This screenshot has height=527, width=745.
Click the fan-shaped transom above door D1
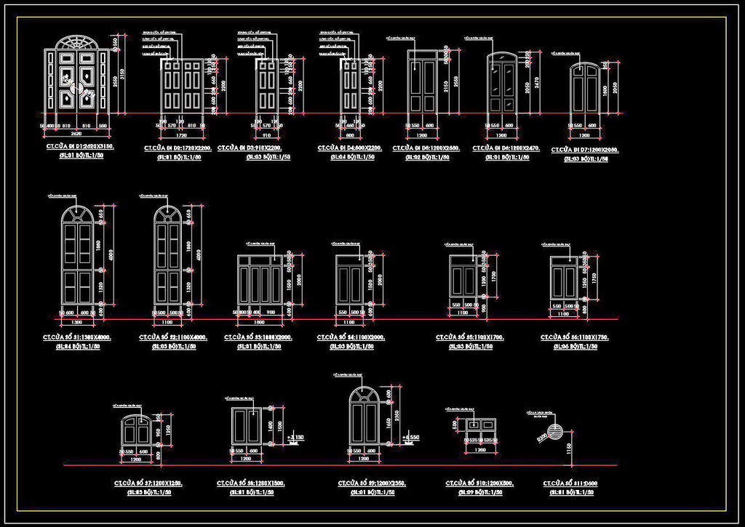point(76,41)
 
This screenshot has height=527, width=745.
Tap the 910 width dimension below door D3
point(266,135)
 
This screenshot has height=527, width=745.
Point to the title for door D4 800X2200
point(350,148)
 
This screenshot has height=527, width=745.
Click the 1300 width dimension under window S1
point(77,321)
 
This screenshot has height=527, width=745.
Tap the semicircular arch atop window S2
point(167,213)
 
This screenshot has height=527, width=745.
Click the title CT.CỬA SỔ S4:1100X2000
point(351,338)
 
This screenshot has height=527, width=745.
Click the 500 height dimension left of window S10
point(456,424)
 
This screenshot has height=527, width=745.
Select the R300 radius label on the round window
point(542,438)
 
